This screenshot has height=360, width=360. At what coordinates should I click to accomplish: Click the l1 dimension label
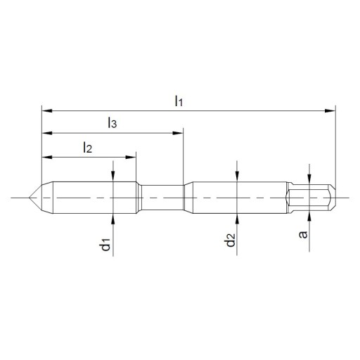(x=179, y=101)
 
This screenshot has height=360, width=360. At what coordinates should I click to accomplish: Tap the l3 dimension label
(x=112, y=123)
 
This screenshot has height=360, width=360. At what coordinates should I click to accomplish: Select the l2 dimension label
(x=87, y=148)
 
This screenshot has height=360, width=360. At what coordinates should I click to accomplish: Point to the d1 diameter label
(x=105, y=245)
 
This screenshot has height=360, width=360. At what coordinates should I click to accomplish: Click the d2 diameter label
(x=231, y=240)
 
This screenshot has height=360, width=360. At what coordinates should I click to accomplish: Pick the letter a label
(x=303, y=235)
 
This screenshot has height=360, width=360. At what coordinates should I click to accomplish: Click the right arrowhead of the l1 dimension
(x=330, y=111)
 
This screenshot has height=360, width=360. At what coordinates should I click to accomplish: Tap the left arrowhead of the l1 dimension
(x=47, y=111)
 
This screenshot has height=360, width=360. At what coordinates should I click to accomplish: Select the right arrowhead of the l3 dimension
(x=178, y=133)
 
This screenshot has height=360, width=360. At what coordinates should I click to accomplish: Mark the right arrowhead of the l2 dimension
(x=131, y=157)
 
